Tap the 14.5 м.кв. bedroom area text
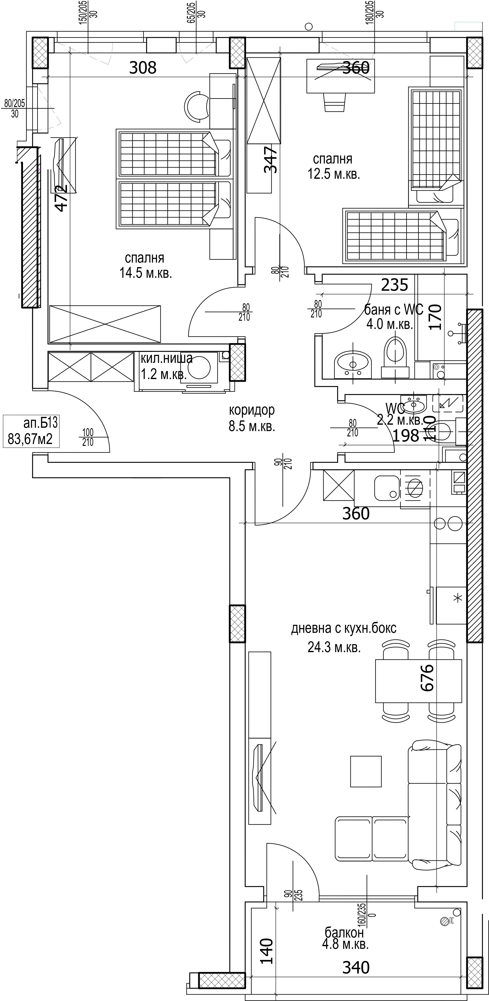coord(146,273)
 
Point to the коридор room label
coord(252,410)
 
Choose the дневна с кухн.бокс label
coord(344,628)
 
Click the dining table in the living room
coord(418,681)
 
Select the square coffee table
coord(366,771)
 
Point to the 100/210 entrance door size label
coord(88,437)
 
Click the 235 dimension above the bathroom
coord(395,285)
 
